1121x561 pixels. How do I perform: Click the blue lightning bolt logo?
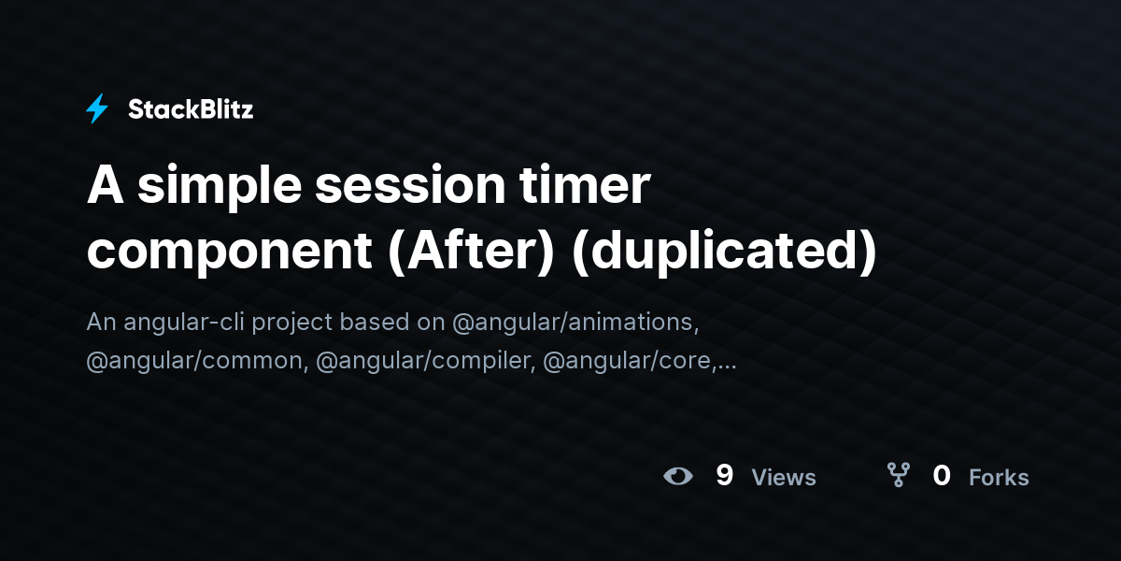97,109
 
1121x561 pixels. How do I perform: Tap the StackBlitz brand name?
191,109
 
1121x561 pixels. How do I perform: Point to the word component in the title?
229,251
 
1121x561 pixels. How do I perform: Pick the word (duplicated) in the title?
724,251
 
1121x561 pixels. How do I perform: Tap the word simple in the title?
220,187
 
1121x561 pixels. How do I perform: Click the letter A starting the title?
104,187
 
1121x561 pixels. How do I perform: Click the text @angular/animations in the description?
575,322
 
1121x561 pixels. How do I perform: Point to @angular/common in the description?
194,360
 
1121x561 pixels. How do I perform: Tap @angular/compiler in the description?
423,360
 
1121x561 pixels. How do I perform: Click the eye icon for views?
678,476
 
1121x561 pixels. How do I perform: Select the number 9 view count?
724,476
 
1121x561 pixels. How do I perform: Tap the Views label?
784,478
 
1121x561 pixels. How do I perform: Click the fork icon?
899,476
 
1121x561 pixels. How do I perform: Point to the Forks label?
999,478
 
